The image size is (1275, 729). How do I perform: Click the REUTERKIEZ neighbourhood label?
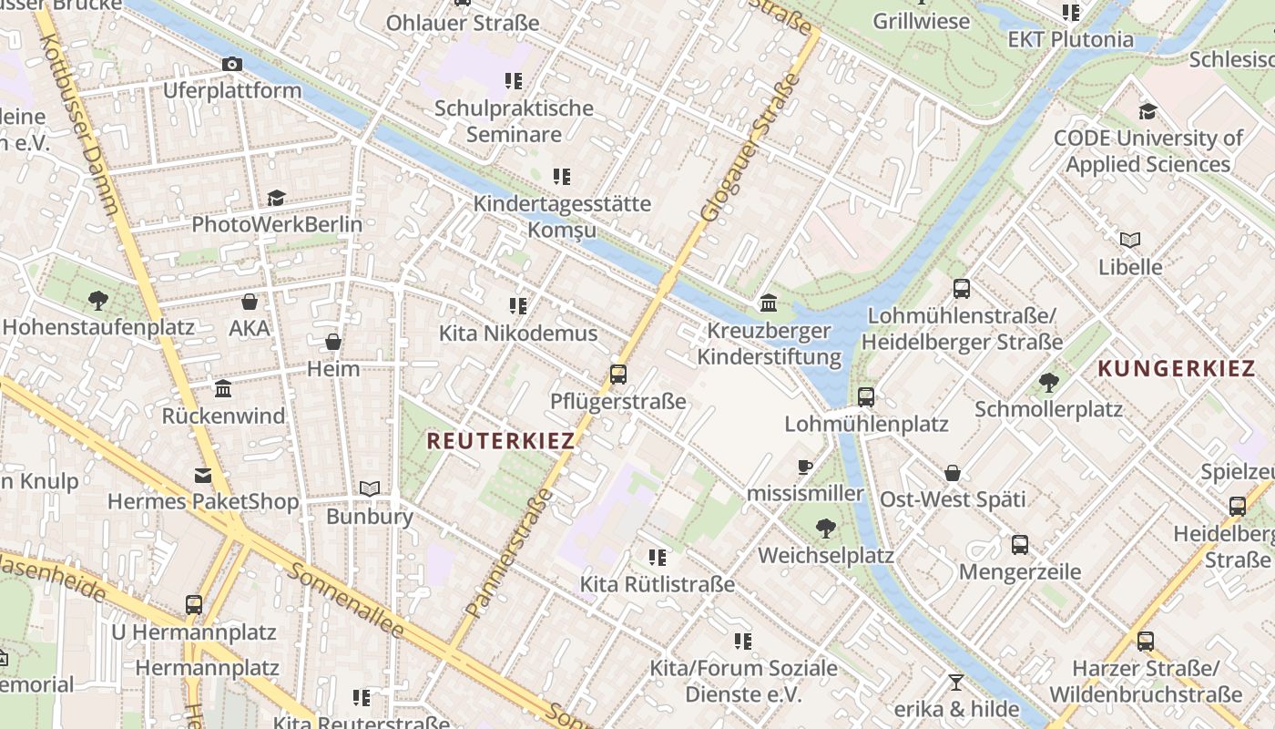click(x=501, y=441)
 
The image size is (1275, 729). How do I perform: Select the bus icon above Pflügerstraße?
click(x=618, y=374)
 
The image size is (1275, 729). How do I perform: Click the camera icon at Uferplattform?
click(x=232, y=64)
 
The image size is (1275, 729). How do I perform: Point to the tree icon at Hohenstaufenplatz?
click(x=98, y=300)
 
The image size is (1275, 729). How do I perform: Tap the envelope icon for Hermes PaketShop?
click(x=202, y=475)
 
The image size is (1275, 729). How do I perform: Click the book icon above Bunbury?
click(x=369, y=489)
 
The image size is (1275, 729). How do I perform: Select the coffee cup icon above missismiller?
click(x=804, y=467)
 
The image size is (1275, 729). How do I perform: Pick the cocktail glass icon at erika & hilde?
click(x=955, y=682)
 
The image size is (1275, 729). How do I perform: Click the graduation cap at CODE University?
click(x=1147, y=111)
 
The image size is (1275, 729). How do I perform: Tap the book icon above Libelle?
click(x=1130, y=240)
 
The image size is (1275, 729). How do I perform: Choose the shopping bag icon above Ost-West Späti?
click(x=953, y=473)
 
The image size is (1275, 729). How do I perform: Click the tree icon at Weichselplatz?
click(x=825, y=528)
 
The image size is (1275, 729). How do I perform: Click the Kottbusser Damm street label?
click(x=79, y=118)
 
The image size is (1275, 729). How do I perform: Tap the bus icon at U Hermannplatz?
click(x=194, y=604)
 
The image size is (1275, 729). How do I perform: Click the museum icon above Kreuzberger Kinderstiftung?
click(x=769, y=303)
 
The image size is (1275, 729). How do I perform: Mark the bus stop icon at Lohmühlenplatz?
click(x=866, y=397)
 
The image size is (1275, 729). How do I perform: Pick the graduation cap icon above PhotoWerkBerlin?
click(x=276, y=198)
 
